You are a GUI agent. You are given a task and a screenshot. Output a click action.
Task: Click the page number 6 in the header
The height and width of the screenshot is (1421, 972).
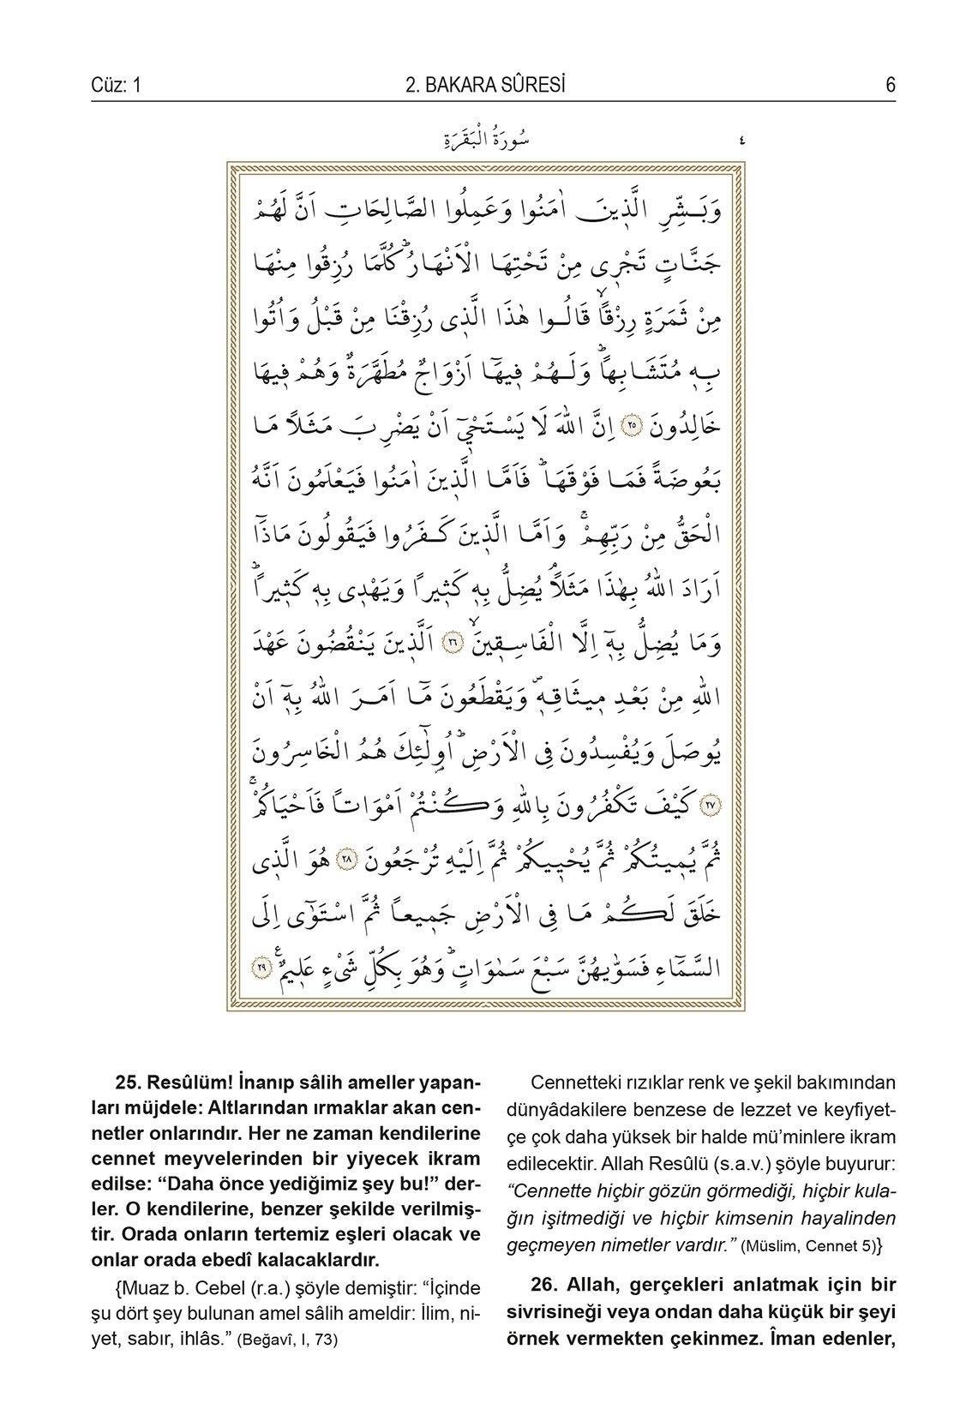pos(890,85)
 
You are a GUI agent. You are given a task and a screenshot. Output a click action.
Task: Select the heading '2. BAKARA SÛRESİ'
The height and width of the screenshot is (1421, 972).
pos(485,85)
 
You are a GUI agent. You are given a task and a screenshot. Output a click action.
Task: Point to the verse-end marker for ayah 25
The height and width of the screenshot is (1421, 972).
pos(633,424)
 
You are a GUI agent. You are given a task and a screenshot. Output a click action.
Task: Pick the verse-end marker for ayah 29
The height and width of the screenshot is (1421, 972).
pos(261,966)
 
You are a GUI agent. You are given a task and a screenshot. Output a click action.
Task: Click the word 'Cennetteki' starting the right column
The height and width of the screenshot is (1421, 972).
pos(571,1082)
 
